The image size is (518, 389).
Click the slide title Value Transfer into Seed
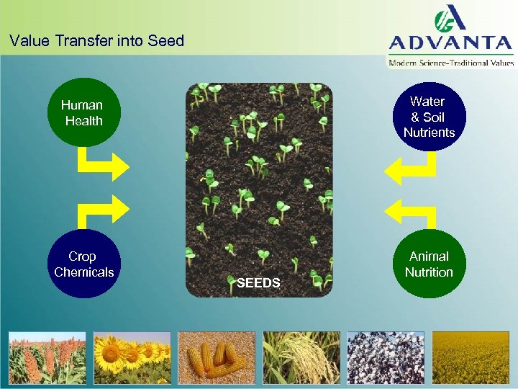coord(97,41)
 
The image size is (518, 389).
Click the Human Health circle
coord(84,113)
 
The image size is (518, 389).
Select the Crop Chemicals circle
coord(84,264)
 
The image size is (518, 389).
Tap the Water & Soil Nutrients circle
coord(430,117)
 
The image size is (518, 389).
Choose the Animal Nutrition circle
coord(430,264)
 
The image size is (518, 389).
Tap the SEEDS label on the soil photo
coord(258,283)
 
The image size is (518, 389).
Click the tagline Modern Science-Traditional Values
coord(451,63)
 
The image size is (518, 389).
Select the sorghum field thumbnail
coord(47,357)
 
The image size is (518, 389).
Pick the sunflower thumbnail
coord(132,357)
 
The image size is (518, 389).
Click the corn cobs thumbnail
coord(217,357)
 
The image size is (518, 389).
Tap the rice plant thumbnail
coord(301,357)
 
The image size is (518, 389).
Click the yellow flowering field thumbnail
coord(471,357)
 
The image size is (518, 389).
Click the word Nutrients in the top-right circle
coord(430,133)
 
